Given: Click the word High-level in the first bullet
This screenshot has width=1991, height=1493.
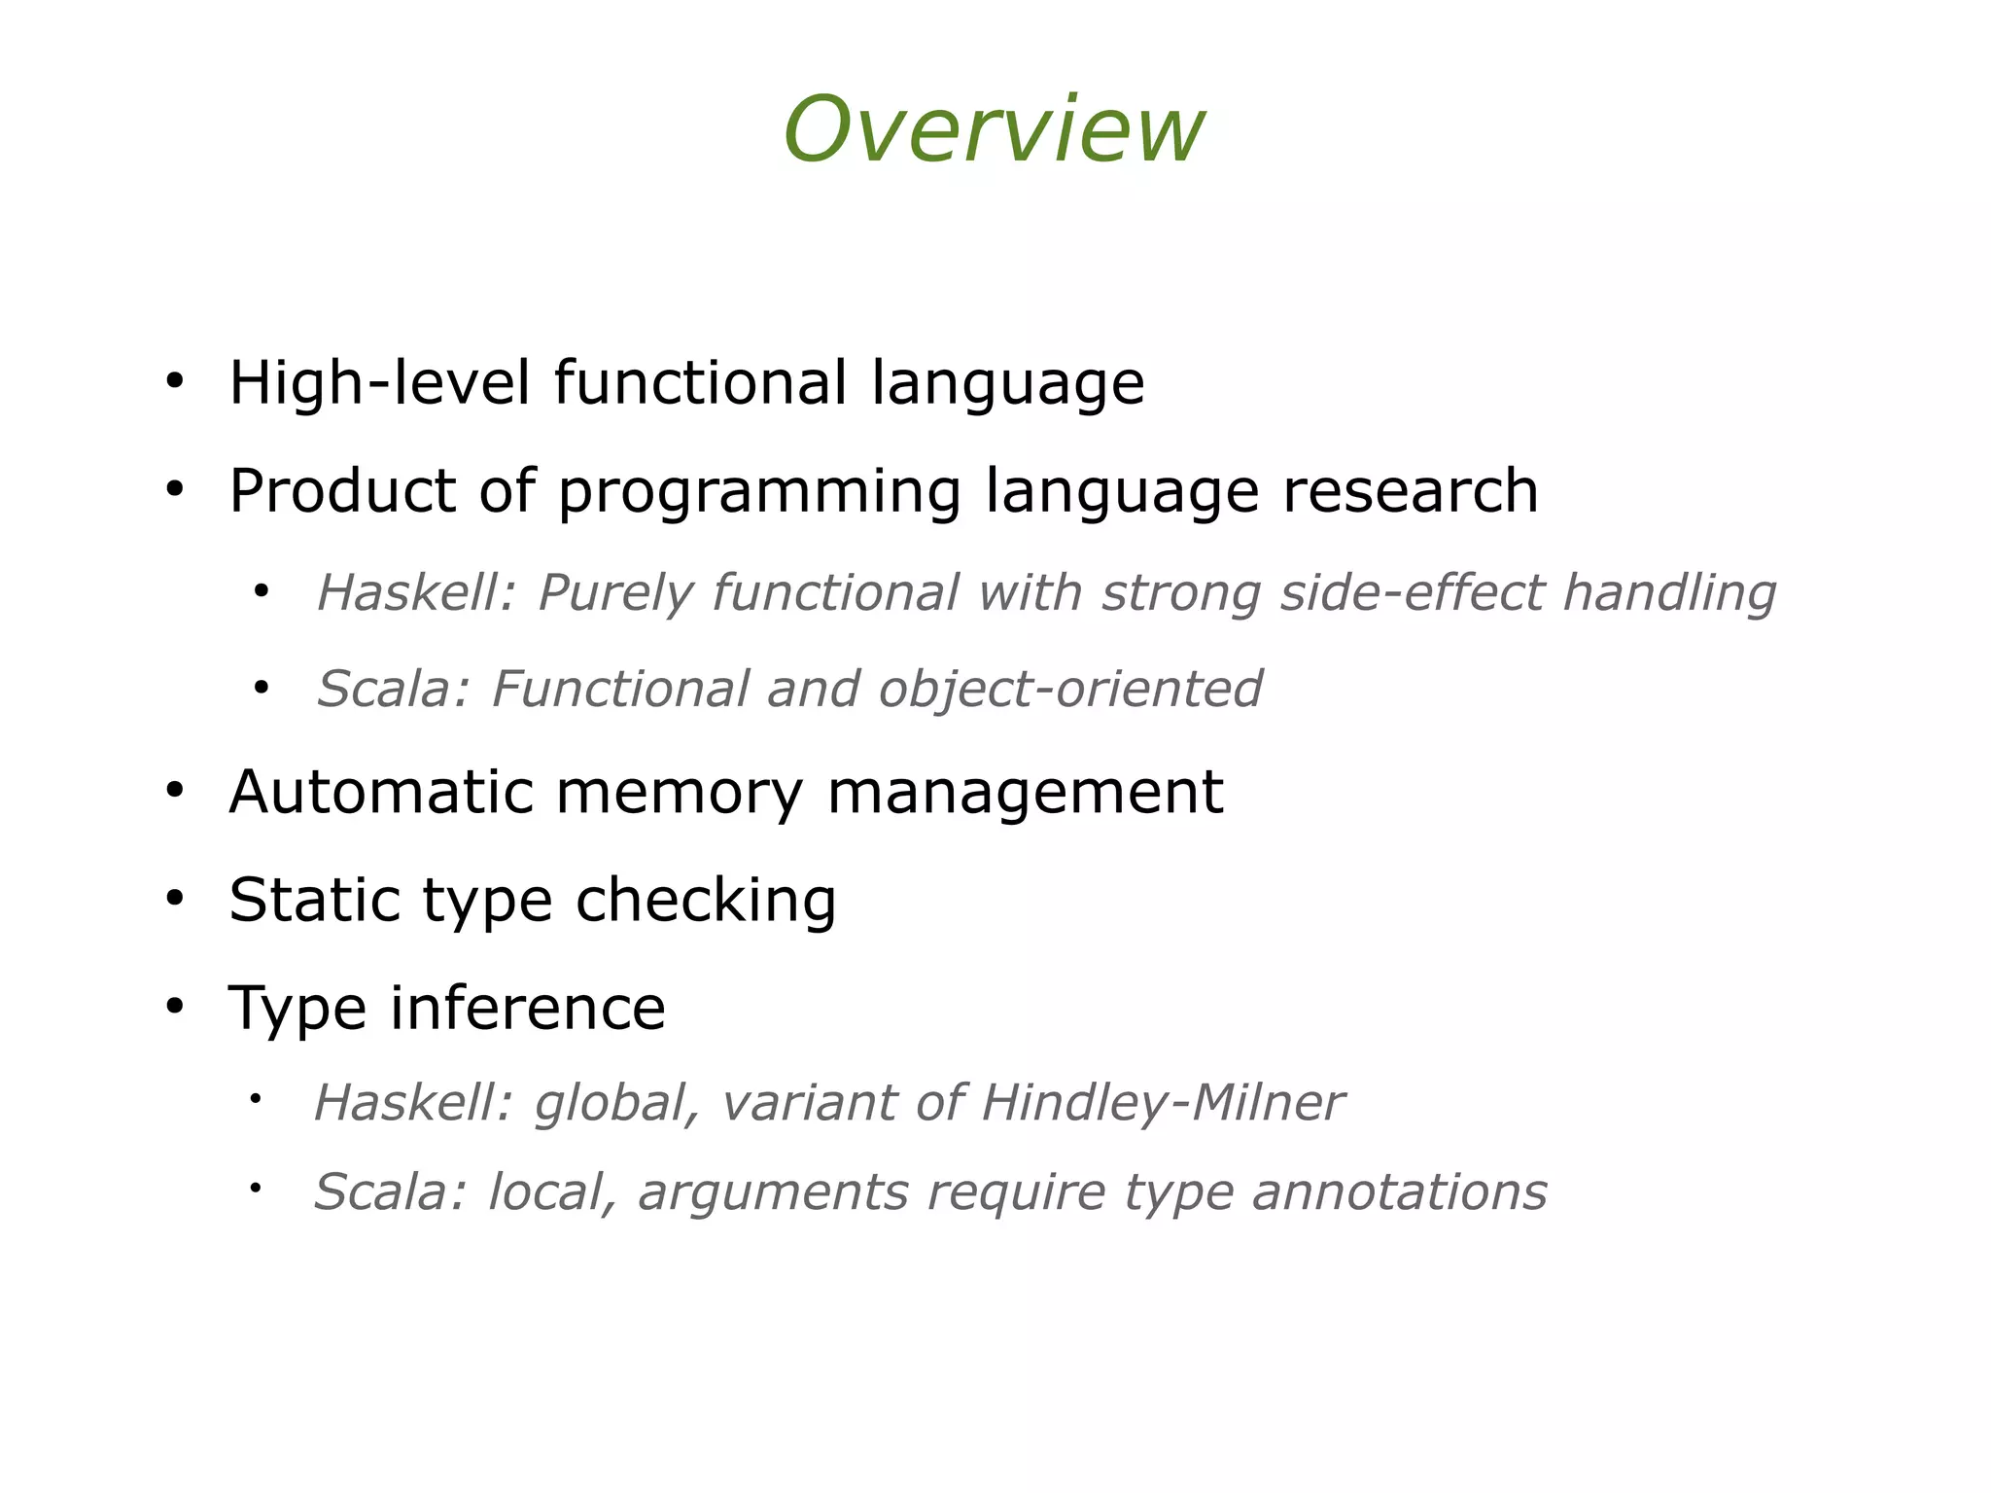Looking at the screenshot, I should pos(379,382).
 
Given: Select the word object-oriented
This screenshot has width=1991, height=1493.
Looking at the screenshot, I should pos(1070,690).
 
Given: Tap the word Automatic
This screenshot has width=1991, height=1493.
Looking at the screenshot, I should pos(381,791).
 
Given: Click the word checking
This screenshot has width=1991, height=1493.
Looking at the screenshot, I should pos(706,901).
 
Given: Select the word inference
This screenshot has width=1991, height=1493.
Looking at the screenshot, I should pos(528,1007).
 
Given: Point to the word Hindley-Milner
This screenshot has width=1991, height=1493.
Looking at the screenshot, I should pos(1162,1103).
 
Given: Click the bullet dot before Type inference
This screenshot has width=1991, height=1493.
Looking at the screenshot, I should pos(174,1007).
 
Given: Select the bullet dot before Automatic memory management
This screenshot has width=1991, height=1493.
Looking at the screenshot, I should pos(174,791).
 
